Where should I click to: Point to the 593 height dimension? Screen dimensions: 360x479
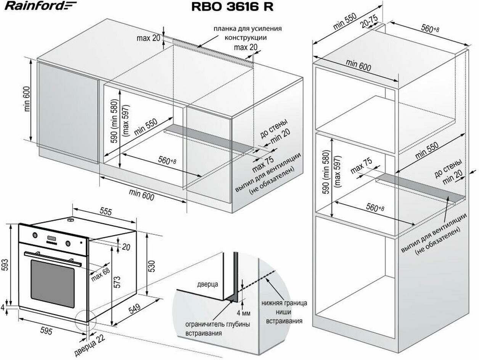tap(5, 263)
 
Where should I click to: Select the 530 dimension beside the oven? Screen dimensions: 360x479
tap(152, 265)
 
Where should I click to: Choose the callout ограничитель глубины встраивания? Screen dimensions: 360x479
tap(217, 329)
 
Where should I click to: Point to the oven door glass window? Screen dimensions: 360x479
tap(53, 283)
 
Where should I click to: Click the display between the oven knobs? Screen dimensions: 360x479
tap(52, 239)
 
